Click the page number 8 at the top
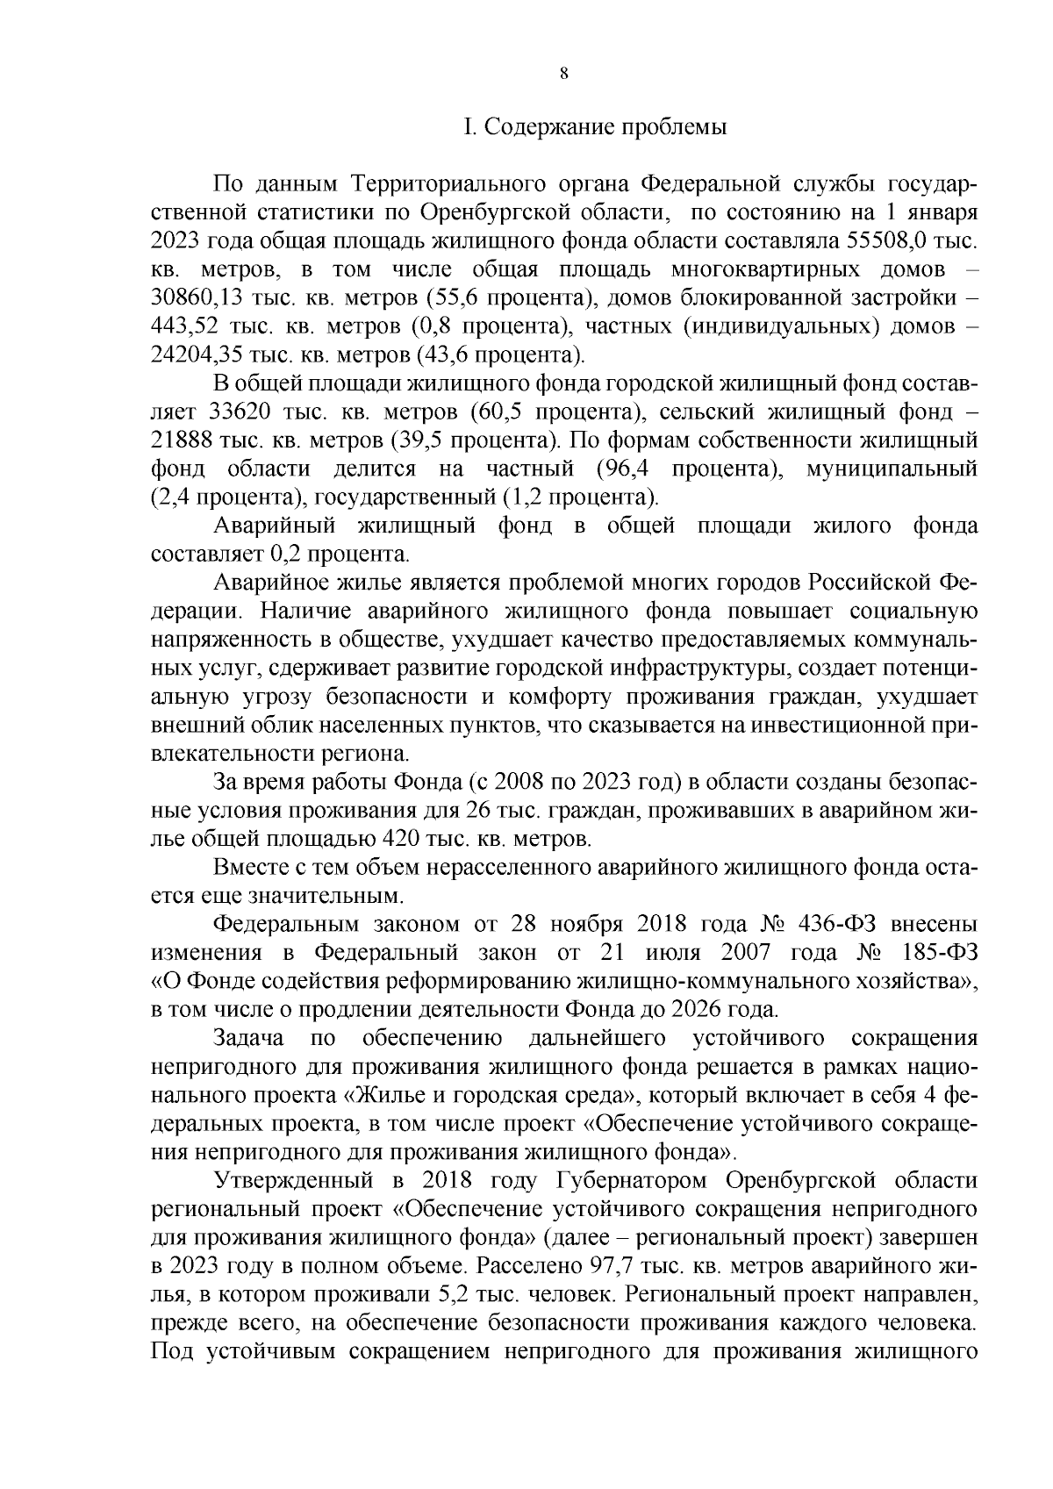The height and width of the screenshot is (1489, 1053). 564,75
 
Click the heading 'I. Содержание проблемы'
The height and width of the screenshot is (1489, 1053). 595,127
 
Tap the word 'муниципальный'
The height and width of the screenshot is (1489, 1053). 891,469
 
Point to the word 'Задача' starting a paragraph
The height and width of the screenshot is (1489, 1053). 248,1038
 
